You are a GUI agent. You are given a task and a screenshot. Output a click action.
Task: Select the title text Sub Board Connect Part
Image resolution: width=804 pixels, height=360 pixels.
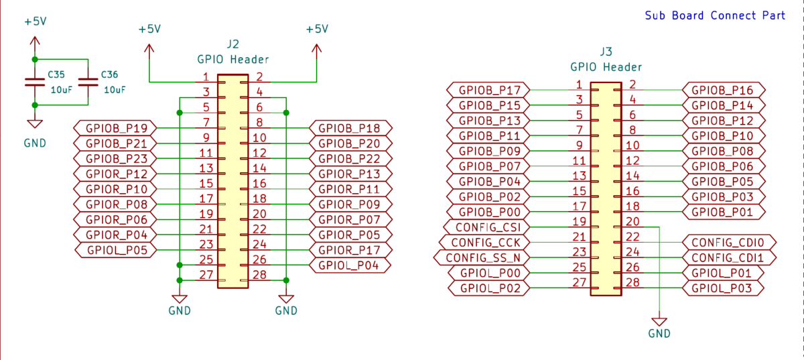(x=714, y=15)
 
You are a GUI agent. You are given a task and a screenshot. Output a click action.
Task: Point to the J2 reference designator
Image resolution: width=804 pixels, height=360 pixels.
(x=232, y=44)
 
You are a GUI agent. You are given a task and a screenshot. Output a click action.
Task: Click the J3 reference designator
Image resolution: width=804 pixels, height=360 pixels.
(x=606, y=52)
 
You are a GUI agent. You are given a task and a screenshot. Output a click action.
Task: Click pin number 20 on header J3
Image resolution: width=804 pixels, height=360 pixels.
(x=632, y=221)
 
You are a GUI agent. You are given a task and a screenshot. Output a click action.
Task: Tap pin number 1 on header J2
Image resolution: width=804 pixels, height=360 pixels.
(x=206, y=77)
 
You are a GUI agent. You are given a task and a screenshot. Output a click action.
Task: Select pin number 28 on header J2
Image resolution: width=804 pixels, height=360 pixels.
(x=260, y=274)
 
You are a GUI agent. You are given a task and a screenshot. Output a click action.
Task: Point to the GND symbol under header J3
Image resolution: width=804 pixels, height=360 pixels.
(x=659, y=323)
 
